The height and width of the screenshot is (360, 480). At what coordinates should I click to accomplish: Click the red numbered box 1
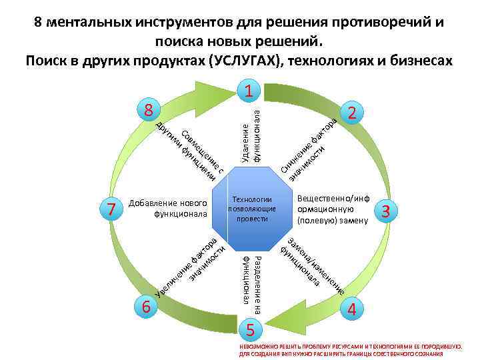click(x=247, y=92)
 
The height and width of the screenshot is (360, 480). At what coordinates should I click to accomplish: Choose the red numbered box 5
click(x=249, y=329)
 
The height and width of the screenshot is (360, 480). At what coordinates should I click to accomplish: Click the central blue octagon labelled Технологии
click(x=251, y=209)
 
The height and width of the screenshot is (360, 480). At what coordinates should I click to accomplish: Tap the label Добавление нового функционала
click(x=169, y=209)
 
